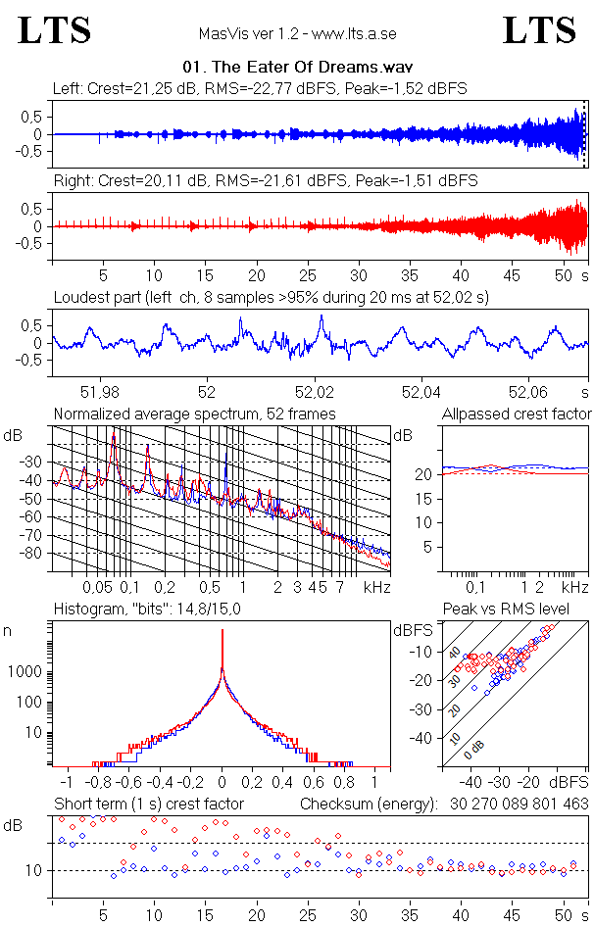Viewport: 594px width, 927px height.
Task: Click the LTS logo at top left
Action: [x=55, y=30]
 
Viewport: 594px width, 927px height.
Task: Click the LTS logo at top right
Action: [x=539, y=30]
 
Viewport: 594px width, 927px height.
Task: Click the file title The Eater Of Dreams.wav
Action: [x=295, y=68]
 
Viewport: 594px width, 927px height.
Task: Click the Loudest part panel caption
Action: [x=271, y=296]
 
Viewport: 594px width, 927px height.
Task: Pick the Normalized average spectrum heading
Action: [x=194, y=415]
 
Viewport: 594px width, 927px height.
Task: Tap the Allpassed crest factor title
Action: [x=517, y=415]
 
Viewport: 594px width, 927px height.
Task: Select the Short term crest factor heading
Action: [x=148, y=804]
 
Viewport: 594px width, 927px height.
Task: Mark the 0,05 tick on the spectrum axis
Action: [x=97, y=587]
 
